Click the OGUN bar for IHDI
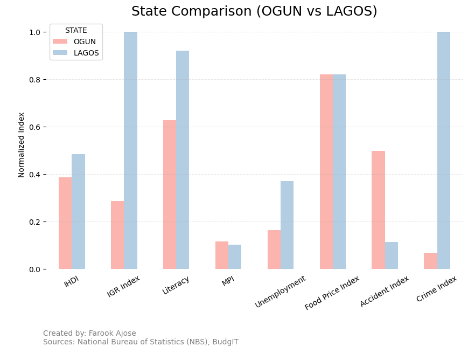pyautogui.click(x=65, y=223)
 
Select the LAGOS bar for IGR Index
pyautogui.click(x=130, y=150)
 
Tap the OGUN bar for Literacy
pyautogui.click(x=170, y=195)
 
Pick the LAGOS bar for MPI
pyautogui.click(x=235, y=257)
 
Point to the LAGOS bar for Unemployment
pyautogui.click(x=287, y=225)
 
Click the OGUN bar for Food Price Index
pyautogui.click(x=326, y=172)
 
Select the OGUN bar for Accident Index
pyautogui.click(x=378, y=210)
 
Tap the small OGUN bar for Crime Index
pyautogui.click(x=430, y=261)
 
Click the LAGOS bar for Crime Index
pyautogui.click(x=444, y=150)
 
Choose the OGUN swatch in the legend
pyautogui.click(x=60, y=41)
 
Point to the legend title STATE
pyautogui.click(x=76, y=31)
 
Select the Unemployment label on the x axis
pyautogui.click(x=281, y=292)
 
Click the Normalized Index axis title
pyautogui.click(x=22, y=145)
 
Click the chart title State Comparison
pyautogui.click(x=254, y=11)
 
